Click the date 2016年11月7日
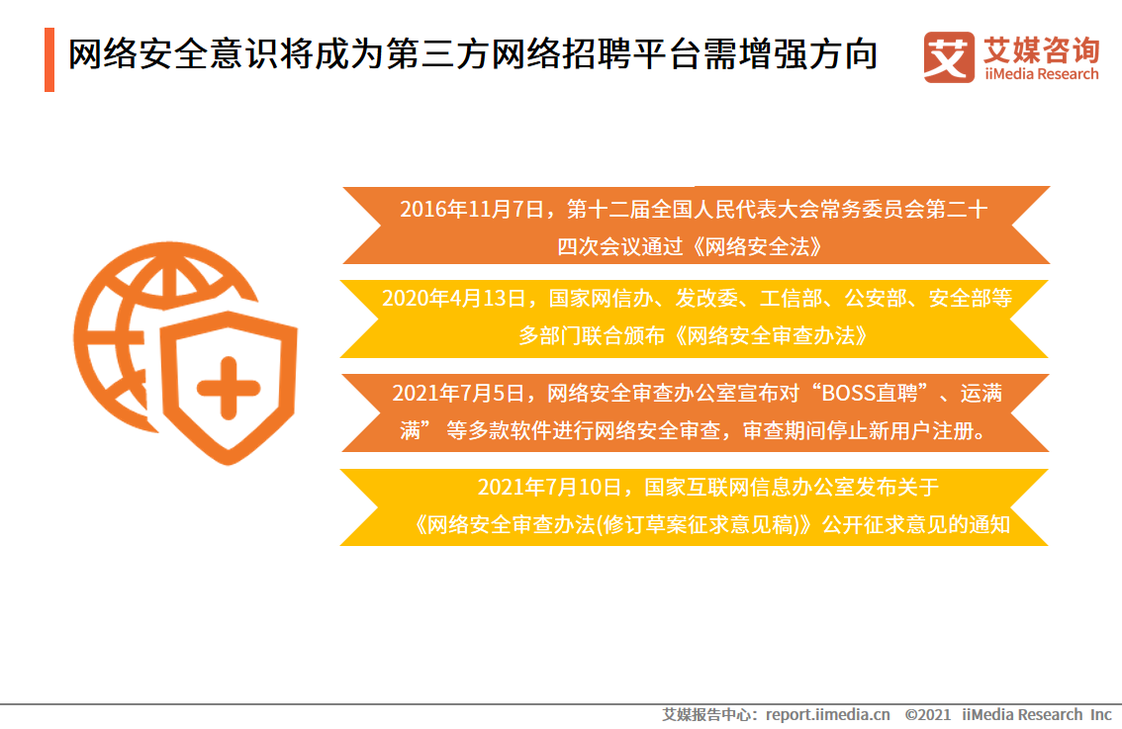tap(473, 210)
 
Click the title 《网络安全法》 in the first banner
tap(758, 246)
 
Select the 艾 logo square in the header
tap(948, 56)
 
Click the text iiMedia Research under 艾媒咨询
tap(1041, 74)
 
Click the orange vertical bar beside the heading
tap(49, 59)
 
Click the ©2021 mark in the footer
tap(927, 714)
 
